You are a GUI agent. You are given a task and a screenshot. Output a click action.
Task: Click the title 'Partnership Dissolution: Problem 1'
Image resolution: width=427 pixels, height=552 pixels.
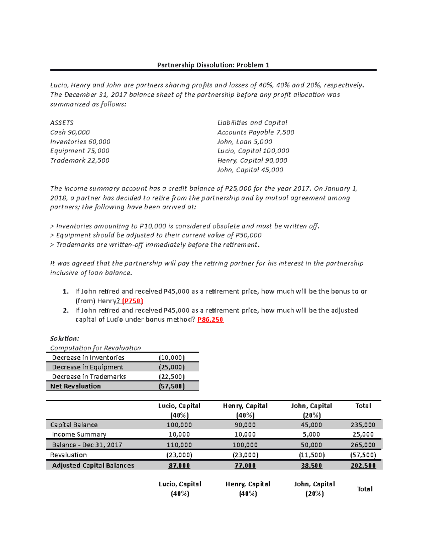pyautogui.click(x=213, y=65)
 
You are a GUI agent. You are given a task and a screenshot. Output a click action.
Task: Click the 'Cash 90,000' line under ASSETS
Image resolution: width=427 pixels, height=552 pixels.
pyautogui.click(x=70, y=132)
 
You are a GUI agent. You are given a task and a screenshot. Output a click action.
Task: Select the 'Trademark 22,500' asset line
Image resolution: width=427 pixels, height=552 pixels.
pyautogui.click(x=80, y=160)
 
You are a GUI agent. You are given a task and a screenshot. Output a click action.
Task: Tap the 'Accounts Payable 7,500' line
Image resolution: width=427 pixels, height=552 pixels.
pyautogui.click(x=255, y=132)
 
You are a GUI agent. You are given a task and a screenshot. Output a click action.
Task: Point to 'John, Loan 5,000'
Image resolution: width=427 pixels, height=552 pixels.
pyautogui.click(x=244, y=141)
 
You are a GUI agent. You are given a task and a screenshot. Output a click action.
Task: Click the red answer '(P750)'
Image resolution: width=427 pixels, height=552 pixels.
pyautogui.click(x=132, y=301)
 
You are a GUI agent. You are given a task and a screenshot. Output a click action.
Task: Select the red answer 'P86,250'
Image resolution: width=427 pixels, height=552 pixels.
pyautogui.click(x=210, y=319)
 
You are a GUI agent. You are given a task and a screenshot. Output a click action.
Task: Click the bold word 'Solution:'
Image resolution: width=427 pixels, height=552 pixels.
pyautogui.click(x=64, y=338)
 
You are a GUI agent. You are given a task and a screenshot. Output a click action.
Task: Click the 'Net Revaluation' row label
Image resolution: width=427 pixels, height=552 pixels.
pyautogui.click(x=75, y=386)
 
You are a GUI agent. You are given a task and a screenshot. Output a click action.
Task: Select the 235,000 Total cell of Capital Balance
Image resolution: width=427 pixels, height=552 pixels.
pyautogui.click(x=363, y=425)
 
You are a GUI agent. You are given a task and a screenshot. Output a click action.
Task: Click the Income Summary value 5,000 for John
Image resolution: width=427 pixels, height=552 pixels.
pyautogui.click(x=311, y=434)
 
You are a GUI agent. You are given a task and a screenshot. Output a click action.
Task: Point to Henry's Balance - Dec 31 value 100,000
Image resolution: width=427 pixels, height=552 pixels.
pyautogui.click(x=245, y=445)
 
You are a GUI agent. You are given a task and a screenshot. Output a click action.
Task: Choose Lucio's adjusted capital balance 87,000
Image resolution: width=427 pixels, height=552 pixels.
pyautogui.click(x=179, y=465)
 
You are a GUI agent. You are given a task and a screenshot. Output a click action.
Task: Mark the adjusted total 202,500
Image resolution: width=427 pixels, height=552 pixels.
pyautogui.click(x=363, y=465)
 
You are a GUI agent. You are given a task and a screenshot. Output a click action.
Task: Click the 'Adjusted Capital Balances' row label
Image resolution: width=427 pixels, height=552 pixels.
pyautogui.click(x=93, y=465)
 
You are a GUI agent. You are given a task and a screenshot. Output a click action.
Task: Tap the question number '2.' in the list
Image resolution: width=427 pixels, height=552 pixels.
pyautogui.click(x=65, y=310)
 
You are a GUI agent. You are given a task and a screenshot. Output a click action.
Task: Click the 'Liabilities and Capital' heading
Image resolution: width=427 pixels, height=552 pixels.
pyautogui.click(x=252, y=123)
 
